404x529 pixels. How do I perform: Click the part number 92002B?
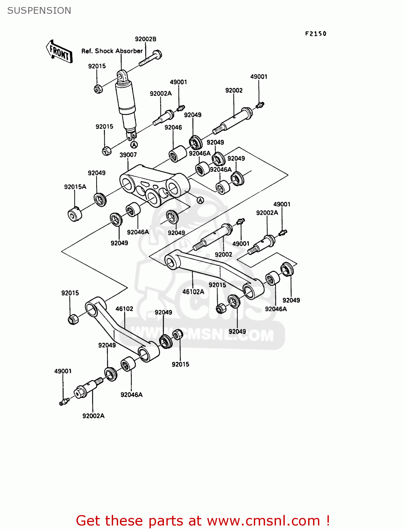(145, 39)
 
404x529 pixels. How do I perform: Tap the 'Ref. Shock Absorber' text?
(112, 51)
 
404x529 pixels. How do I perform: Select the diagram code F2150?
(316, 34)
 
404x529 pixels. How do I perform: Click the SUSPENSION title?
(39, 11)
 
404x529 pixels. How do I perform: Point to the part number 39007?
(128, 155)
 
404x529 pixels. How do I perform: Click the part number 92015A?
(75, 187)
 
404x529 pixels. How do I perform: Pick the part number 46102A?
(193, 292)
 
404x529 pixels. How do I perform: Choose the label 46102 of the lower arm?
(124, 309)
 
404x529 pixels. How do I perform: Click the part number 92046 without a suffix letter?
(173, 128)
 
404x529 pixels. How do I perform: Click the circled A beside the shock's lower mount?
(134, 145)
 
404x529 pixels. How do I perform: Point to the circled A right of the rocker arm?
(200, 200)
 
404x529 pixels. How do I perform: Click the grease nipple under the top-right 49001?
(260, 105)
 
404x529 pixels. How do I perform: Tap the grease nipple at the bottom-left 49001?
(64, 402)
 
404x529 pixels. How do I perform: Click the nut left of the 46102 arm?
(73, 320)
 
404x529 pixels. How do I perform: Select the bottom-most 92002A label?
(93, 416)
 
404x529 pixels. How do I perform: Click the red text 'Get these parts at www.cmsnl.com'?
(203, 521)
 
